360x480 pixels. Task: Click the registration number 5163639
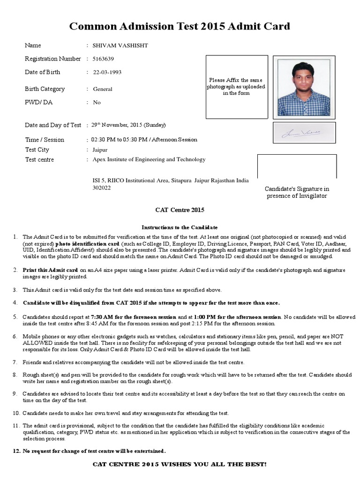point(103,59)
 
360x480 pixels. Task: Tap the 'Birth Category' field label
point(45,89)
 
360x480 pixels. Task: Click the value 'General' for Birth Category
point(103,89)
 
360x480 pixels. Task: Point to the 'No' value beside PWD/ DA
point(97,103)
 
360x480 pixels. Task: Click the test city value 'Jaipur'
point(100,150)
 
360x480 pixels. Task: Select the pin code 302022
point(102,188)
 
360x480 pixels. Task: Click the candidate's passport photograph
point(304,88)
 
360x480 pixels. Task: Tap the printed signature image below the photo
point(304,133)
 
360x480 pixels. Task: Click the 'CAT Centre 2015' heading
point(180,210)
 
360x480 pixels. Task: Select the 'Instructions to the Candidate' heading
point(180,227)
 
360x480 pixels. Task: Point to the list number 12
point(16,451)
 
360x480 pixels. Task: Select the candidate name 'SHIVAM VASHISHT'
point(121,45)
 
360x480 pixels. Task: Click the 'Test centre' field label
point(39,160)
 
